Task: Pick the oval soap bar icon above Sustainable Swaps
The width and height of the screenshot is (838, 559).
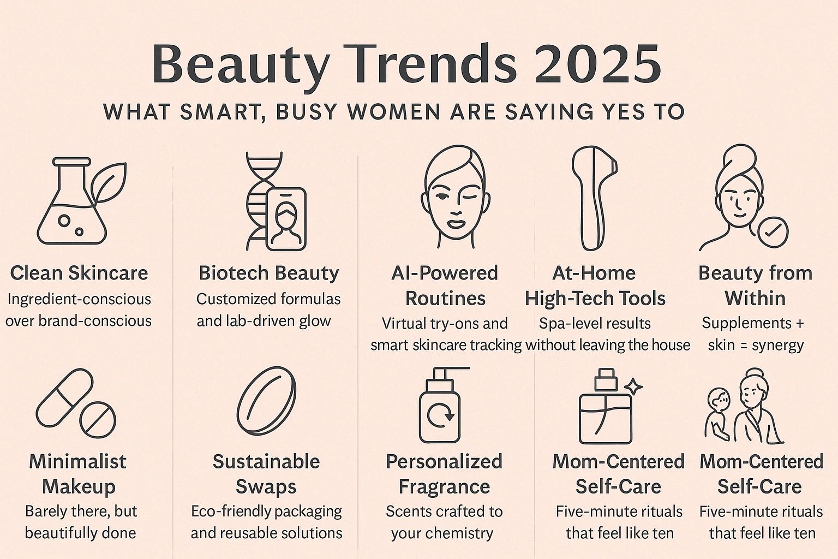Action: (x=267, y=400)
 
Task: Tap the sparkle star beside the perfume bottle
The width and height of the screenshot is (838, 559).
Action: (x=634, y=386)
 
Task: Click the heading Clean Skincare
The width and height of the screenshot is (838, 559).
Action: (x=79, y=273)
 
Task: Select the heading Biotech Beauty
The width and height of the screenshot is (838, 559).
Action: (x=269, y=273)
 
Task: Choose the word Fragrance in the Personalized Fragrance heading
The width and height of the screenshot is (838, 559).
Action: (x=444, y=486)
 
